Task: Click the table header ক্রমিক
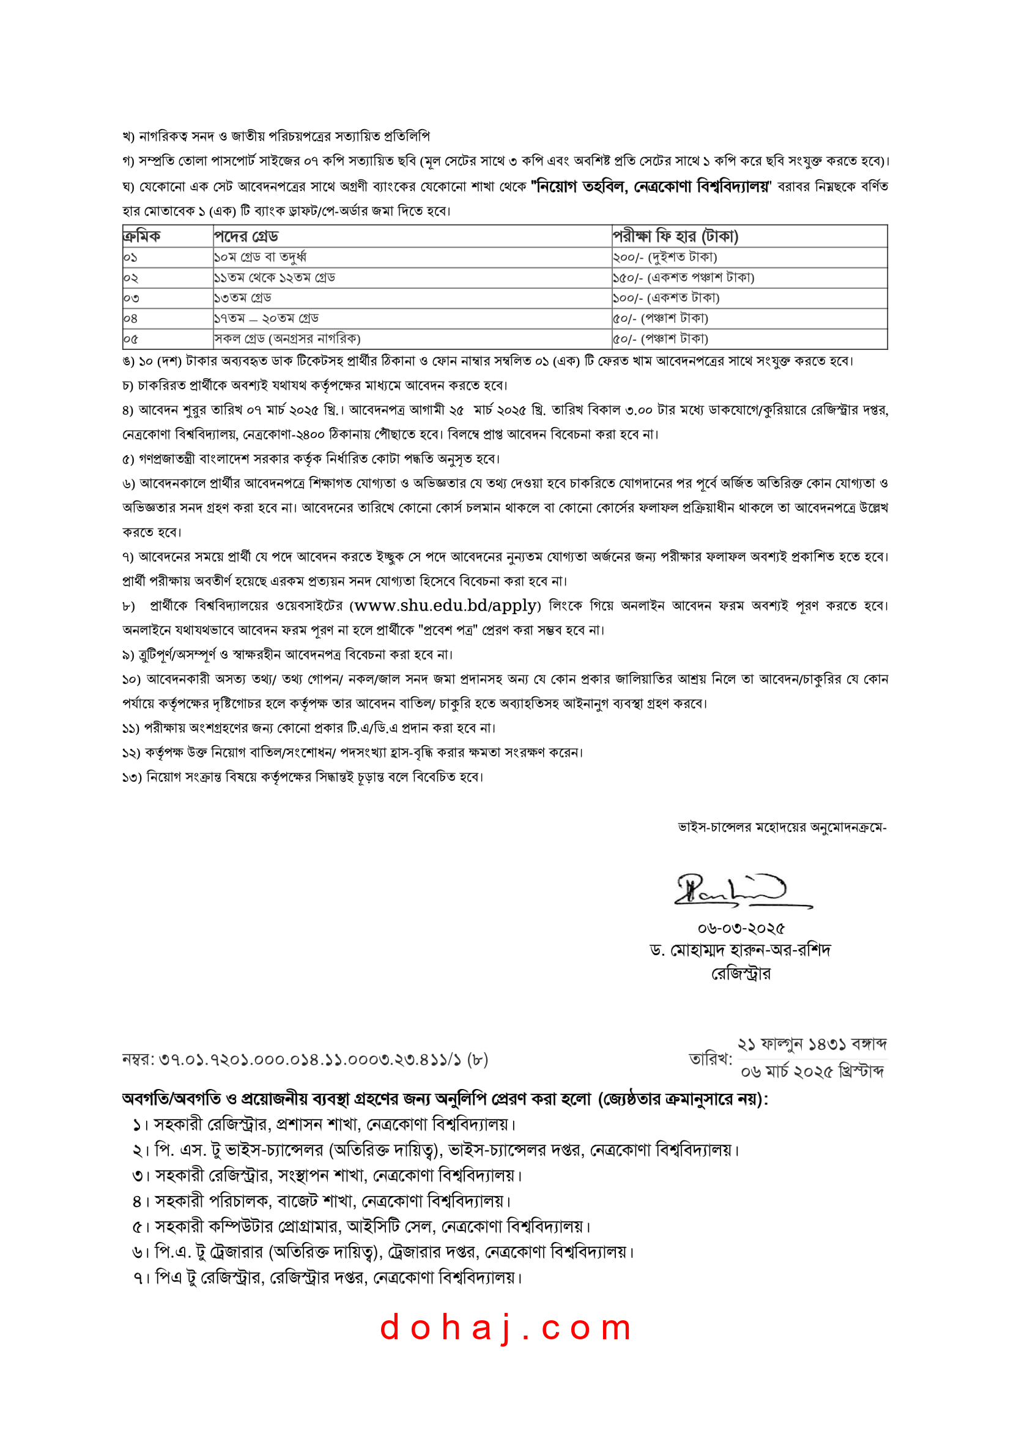click(x=142, y=236)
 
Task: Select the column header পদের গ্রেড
click(x=246, y=236)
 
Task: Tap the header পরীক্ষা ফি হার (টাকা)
click(x=675, y=236)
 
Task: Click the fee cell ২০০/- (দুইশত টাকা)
click(x=665, y=257)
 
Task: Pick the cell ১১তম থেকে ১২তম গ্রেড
click(x=275, y=277)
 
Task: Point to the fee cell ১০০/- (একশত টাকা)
click(x=666, y=298)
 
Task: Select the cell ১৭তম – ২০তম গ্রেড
click(x=267, y=319)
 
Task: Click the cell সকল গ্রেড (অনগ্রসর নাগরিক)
click(x=287, y=339)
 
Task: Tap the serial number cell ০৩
click(x=131, y=298)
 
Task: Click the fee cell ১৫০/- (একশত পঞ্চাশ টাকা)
click(x=683, y=277)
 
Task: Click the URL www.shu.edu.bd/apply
click(x=445, y=605)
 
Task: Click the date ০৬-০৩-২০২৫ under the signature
click(x=741, y=928)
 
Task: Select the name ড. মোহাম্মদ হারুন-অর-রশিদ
click(x=740, y=951)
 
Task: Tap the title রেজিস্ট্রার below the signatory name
click(x=741, y=973)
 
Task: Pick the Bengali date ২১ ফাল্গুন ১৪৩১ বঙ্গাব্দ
click(x=812, y=1044)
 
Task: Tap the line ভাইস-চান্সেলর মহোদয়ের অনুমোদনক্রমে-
click(x=782, y=828)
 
